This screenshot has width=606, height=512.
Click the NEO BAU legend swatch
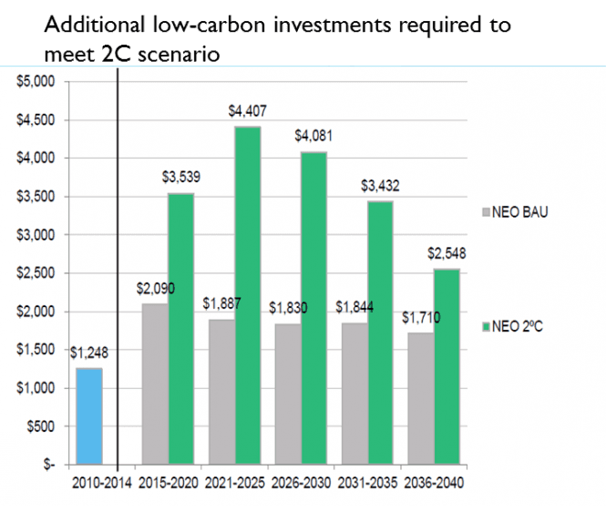485,211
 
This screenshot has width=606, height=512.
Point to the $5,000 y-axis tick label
37,81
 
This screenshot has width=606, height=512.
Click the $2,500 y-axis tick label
37,273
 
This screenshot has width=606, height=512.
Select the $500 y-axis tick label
42,426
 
